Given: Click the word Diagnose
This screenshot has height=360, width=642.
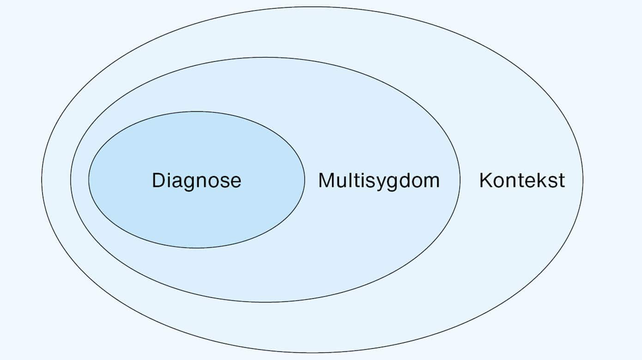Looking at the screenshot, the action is (x=196, y=181).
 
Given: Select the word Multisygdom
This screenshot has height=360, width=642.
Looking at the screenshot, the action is (x=379, y=181).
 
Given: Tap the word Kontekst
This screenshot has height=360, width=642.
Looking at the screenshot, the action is (x=522, y=180).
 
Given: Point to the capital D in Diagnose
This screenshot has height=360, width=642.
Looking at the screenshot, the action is (x=158, y=180).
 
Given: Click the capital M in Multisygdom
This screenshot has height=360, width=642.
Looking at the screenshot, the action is (x=326, y=180).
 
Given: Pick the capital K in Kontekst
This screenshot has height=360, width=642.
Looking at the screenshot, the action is (x=486, y=180).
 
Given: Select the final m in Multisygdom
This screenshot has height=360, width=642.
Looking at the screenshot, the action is (x=431, y=182).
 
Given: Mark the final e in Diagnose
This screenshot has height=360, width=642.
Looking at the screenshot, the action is (x=236, y=183).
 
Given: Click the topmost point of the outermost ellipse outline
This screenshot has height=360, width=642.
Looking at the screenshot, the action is (x=312, y=6).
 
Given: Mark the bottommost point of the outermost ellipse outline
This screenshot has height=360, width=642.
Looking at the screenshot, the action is (x=312, y=353).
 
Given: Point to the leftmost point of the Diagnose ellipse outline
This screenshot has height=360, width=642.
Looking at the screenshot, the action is (x=89, y=180).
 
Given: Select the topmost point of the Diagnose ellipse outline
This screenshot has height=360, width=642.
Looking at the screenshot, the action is (x=197, y=111).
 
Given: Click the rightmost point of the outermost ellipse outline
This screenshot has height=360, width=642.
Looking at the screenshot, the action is (x=583, y=180).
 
